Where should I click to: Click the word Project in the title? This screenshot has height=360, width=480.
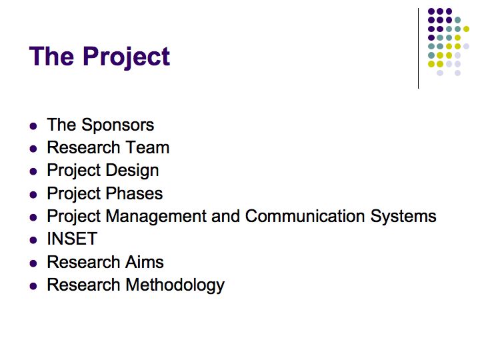click(x=126, y=57)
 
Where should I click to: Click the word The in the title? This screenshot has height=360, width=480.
click(x=51, y=56)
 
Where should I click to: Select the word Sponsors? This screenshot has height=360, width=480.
click(x=117, y=125)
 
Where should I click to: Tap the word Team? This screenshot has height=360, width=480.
click(x=147, y=147)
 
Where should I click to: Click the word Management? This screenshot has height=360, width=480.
click(x=156, y=217)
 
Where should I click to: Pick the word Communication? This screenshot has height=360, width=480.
click(x=305, y=216)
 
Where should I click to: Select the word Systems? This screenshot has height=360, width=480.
click(x=403, y=217)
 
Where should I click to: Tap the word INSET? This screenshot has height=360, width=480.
click(x=72, y=239)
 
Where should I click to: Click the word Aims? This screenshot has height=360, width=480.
click(x=145, y=262)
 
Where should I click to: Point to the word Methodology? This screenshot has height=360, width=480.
click(x=175, y=285)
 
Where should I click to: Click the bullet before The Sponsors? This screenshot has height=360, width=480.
click(x=33, y=126)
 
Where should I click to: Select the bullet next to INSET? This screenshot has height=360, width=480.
click(x=33, y=240)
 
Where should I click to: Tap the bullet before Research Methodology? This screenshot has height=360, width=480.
click(x=33, y=286)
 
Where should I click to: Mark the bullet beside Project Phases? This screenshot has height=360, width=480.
click(x=33, y=195)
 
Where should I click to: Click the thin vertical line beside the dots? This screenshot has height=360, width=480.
click(x=418, y=49)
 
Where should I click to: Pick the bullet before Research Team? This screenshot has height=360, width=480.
click(x=33, y=149)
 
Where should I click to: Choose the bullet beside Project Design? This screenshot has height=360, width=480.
click(x=33, y=171)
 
